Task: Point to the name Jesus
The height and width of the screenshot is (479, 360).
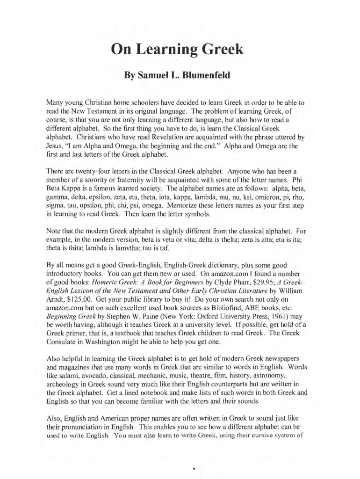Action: (x=55, y=146)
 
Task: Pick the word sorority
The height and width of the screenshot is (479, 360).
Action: (x=100, y=180)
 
